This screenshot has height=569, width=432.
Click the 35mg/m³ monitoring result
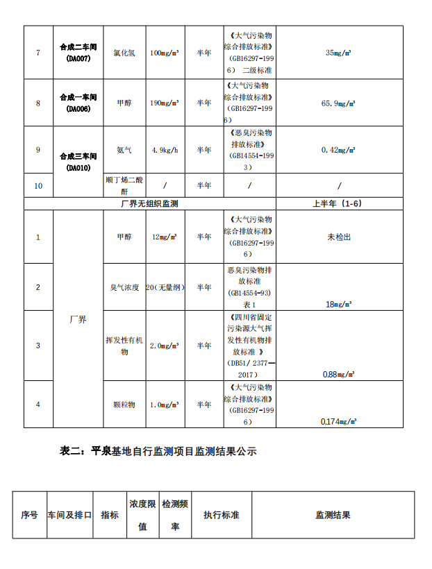point(340,53)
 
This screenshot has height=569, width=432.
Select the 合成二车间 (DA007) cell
point(78,53)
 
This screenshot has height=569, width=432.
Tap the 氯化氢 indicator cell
point(124,53)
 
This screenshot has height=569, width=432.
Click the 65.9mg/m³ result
point(340,103)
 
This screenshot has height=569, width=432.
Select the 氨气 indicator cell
point(124,150)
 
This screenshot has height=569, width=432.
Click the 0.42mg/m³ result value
point(340,150)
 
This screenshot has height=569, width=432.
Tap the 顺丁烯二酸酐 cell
point(124,185)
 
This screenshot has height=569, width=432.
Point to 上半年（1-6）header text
point(339,204)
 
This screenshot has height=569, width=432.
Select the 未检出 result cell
point(340,237)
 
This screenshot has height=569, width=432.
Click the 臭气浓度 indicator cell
point(124,287)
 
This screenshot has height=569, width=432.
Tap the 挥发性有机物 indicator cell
point(124,346)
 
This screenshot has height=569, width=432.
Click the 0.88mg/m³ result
point(339,374)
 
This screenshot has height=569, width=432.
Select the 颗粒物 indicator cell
point(124,405)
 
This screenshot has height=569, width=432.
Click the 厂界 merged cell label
point(78,320)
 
